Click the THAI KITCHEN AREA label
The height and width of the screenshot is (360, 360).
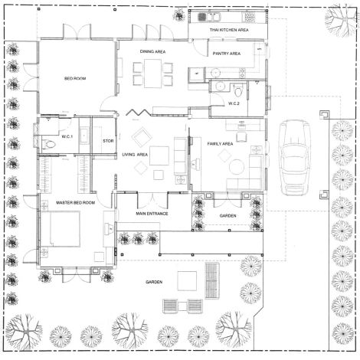coord(229,30)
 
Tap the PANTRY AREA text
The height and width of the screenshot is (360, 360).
coord(227,54)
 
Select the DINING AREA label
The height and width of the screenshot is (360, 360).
coord(152,51)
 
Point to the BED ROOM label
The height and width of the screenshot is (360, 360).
coord(75,78)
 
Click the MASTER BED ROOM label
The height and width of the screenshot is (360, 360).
coord(75,203)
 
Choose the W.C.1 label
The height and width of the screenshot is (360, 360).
coord(67,136)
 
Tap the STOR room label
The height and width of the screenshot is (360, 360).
coord(108,141)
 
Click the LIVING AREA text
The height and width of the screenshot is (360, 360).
coord(135,155)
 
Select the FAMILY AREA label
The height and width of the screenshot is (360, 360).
coord(220,144)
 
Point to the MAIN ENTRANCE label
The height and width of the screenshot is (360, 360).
coord(152,214)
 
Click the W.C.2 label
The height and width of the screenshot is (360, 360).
coord(234,103)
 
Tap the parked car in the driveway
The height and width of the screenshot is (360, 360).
coord(295,158)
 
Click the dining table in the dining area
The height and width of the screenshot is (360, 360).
coord(152,74)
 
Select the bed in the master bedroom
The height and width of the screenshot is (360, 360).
coord(61,229)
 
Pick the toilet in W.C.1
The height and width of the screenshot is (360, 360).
coord(48,145)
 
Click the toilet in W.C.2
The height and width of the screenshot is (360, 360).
coord(238,91)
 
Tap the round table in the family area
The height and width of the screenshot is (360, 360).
coord(237,167)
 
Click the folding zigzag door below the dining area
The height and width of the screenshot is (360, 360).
coord(138,113)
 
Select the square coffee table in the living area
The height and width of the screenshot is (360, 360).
coord(159,155)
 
